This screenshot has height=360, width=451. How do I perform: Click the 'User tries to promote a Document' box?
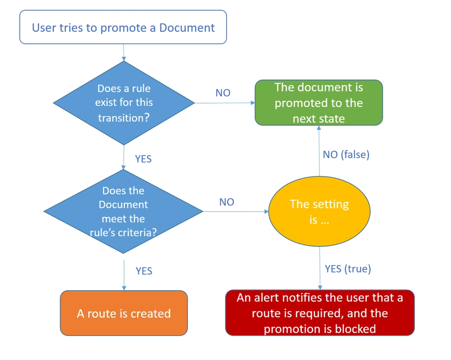pos(123,27)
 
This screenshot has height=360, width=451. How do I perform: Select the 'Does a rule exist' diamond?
pos(124,103)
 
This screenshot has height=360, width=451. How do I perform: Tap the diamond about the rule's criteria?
pos(123,211)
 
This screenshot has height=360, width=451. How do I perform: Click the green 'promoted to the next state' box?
pos(319,103)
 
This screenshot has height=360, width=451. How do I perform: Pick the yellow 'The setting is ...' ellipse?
pos(319,211)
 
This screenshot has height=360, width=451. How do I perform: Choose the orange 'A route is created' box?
pos(124,313)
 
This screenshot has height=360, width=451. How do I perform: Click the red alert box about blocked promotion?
pos(319,313)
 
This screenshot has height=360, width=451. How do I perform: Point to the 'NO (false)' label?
pos(346,154)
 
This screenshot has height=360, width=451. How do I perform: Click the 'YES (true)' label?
pos(348,268)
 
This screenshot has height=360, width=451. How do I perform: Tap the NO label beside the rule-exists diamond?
pos(223,93)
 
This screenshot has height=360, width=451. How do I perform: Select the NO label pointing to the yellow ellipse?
pos(226,202)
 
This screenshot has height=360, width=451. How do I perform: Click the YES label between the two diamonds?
pos(143,159)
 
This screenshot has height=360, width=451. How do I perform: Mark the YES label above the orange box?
pos(144,271)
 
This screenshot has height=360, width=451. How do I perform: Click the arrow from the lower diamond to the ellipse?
pos(235,211)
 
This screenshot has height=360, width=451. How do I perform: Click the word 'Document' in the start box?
pos(187,27)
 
